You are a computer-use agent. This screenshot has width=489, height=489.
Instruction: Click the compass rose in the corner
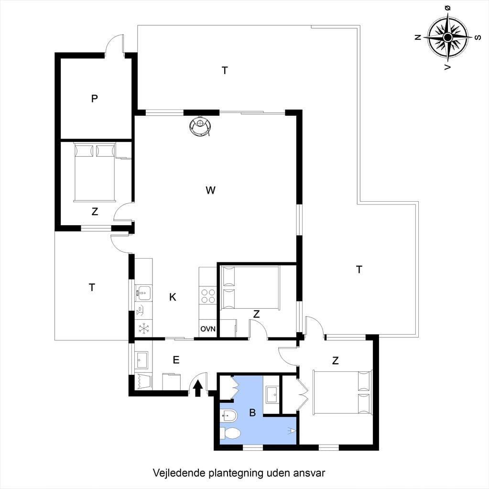coord(448,38)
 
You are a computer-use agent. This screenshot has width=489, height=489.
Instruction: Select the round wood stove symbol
coord(200,126)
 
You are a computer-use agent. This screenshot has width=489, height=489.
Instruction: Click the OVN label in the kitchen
coord(208,329)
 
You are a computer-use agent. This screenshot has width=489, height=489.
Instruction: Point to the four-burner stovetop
coord(208,295)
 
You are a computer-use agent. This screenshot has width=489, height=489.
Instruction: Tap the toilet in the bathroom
coord(230,433)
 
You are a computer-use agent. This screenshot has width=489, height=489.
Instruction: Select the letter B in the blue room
coord(252,413)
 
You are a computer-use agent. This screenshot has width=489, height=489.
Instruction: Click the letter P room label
coord(94,98)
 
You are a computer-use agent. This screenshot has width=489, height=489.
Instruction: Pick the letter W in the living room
coord(210,190)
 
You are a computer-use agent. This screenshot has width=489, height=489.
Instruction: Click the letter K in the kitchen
coord(173,297)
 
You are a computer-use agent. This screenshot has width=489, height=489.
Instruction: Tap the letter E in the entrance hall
coord(176,360)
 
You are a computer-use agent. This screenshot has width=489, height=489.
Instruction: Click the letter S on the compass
coord(478,38)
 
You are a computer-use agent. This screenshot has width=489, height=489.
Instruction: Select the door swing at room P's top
coord(114,43)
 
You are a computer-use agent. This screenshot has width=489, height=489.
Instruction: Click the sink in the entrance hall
coord(142,360)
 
